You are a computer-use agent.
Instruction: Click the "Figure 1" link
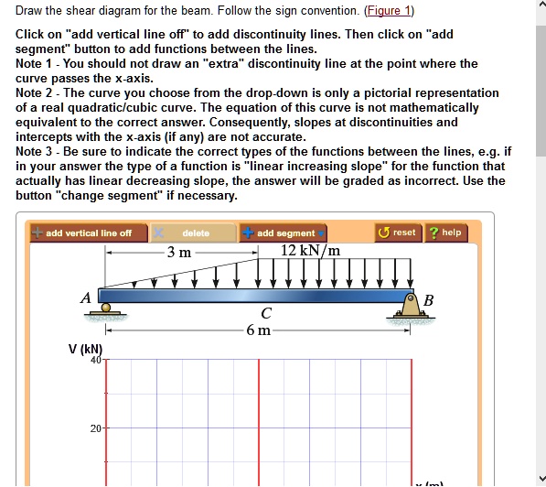[388, 11]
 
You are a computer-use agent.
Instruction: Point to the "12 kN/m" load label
[310, 251]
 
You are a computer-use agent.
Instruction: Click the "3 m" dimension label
[179, 252]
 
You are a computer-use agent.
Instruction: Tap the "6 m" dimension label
[260, 330]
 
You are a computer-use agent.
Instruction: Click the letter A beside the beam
[85, 298]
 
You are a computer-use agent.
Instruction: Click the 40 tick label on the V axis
[95, 360]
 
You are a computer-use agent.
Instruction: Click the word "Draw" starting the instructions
[31, 11]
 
